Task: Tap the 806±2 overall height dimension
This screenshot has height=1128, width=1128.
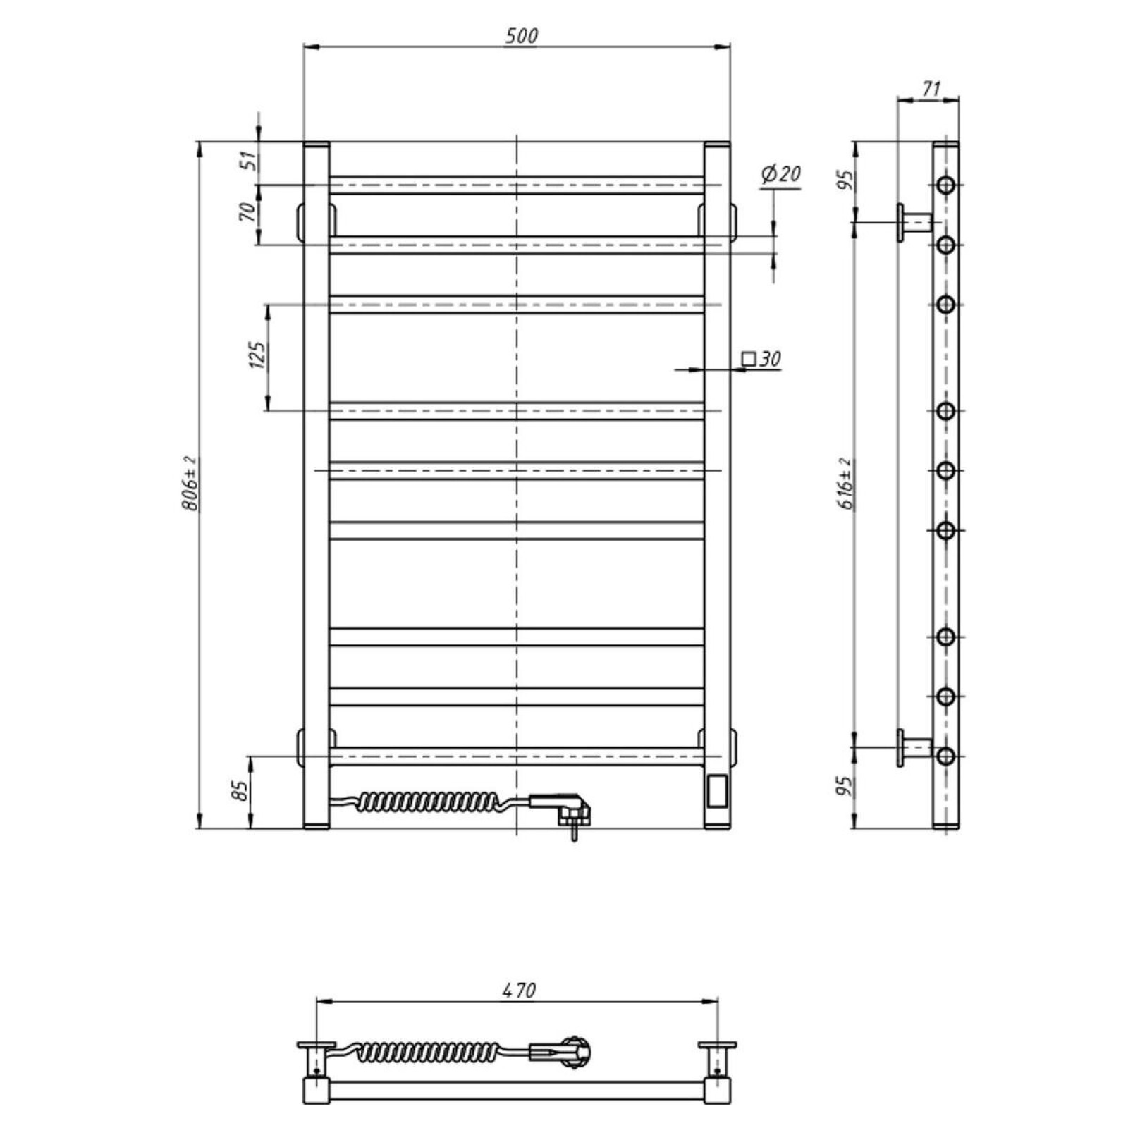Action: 190,483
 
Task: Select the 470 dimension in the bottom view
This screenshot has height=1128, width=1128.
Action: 520,990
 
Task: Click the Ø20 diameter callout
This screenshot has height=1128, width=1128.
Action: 781,173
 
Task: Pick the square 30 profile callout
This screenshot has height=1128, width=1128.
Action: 761,359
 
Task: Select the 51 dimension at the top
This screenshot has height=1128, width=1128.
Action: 247,160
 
